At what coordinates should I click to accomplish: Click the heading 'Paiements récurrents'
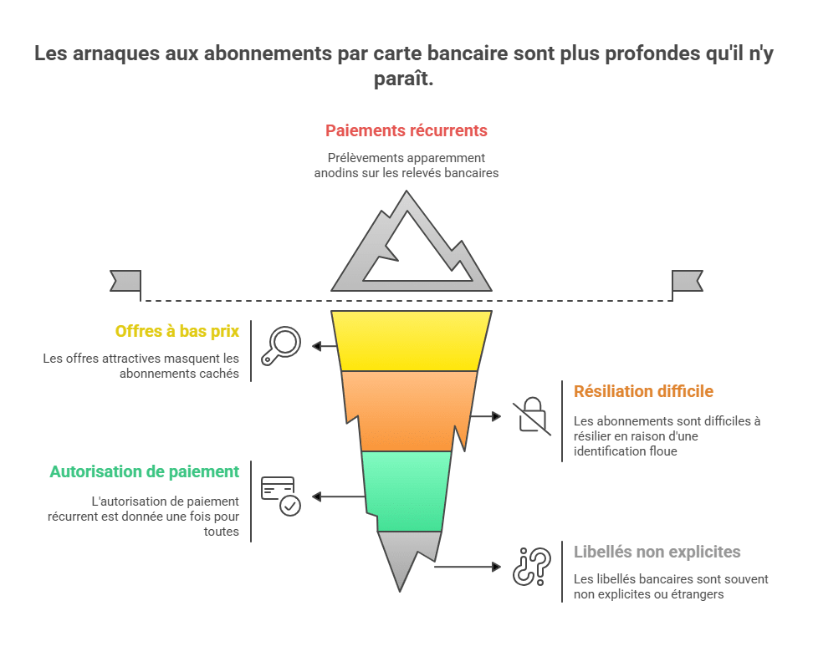(x=406, y=130)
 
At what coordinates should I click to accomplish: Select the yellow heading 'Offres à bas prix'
(x=176, y=331)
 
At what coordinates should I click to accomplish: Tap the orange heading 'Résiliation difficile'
(x=643, y=391)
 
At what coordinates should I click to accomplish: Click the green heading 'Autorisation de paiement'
(x=144, y=471)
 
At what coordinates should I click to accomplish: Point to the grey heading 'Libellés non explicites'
(x=657, y=552)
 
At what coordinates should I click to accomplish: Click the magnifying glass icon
(x=281, y=346)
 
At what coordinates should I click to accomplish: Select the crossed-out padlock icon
(x=532, y=416)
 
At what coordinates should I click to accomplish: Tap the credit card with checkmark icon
(x=281, y=496)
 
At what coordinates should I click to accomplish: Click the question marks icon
(x=532, y=567)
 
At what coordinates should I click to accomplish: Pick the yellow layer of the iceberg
(x=412, y=341)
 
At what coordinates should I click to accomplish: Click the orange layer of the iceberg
(x=410, y=410)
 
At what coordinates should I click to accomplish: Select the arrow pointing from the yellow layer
(x=325, y=346)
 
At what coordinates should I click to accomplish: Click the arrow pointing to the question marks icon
(x=468, y=567)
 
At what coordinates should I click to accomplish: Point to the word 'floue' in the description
(x=661, y=451)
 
